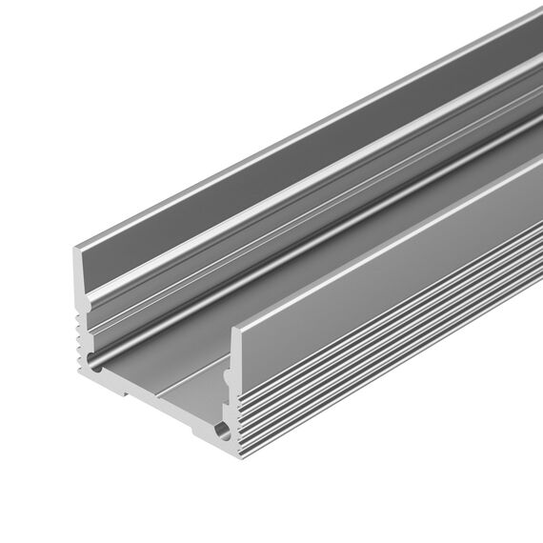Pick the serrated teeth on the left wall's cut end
[79, 333]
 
